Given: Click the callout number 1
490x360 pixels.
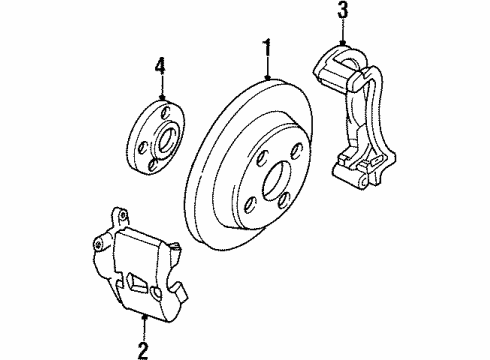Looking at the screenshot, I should tap(267, 46).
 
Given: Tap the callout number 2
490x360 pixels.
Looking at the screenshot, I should tap(143, 350).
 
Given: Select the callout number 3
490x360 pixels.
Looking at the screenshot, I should tap(343, 11).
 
